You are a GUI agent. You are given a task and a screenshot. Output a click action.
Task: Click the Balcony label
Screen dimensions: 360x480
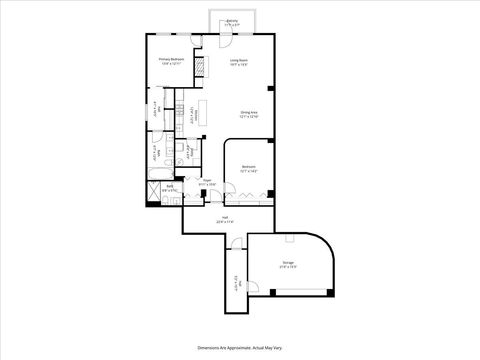(x=232, y=19)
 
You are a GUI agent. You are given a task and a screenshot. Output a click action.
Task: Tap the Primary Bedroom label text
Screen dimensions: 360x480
(x=172, y=60)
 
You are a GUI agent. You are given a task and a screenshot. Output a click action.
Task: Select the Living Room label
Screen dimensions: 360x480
(x=239, y=60)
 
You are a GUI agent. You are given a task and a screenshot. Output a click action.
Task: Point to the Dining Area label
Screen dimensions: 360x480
(x=249, y=112)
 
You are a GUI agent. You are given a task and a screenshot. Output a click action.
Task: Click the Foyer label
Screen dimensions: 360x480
(x=206, y=180)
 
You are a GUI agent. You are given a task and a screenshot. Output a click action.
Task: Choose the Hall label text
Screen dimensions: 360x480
(x=226, y=217)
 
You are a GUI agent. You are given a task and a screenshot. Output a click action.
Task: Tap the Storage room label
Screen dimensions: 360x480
(x=287, y=264)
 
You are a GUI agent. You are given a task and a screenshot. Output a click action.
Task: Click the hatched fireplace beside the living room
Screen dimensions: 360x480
(x=200, y=67)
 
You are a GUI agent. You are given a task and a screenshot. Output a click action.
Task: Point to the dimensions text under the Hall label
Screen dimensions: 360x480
(x=226, y=222)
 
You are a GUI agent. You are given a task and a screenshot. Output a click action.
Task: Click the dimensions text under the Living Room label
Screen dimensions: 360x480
(x=239, y=65)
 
